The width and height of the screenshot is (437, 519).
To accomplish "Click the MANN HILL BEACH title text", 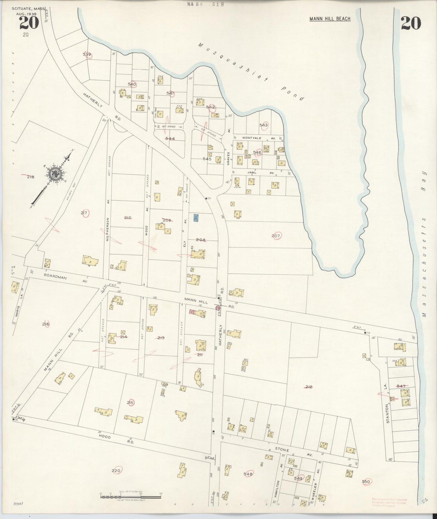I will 330,19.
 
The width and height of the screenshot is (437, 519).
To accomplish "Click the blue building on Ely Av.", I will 196,217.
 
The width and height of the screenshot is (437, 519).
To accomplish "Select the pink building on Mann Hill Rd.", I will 191,311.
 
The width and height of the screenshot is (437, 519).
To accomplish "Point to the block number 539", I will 87,55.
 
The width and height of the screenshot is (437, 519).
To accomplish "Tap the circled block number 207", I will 276,236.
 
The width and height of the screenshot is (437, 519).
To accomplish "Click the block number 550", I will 366,481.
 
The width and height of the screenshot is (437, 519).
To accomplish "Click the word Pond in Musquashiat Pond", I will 292,94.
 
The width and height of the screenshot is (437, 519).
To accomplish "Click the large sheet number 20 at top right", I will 411,23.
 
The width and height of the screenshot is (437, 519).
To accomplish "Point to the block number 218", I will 31,177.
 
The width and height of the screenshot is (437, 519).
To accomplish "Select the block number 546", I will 257,153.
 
